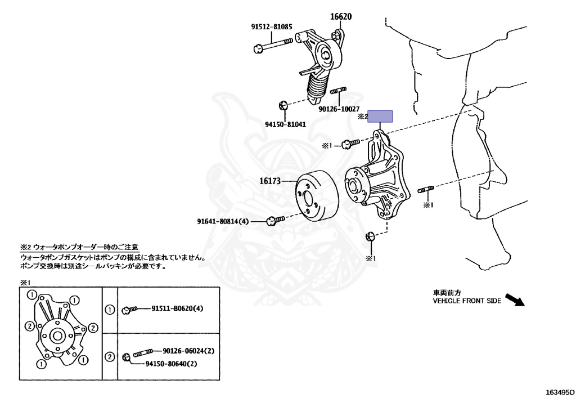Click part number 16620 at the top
point(340,16)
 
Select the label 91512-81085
point(272,26)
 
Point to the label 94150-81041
point(285,124)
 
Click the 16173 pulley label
point(269,181)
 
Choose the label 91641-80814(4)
point(223,221)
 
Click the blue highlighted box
point(380,117)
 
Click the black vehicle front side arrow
point(514,298)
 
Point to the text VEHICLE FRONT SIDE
point(466,301)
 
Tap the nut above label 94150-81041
point(283,105)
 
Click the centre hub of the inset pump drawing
point(56,336)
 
